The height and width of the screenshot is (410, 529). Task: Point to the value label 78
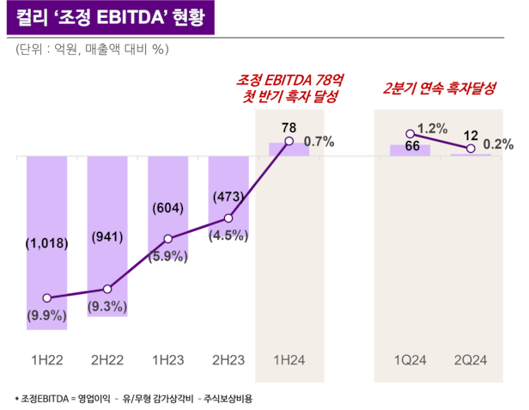tap(289, 127)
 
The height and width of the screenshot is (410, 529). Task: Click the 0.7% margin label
tap(319, 141)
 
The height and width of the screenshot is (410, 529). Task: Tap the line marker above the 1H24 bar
tap(289, 141)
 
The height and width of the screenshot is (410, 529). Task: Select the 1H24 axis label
tap(289, 359)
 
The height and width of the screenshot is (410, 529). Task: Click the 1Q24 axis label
tap(410, 359)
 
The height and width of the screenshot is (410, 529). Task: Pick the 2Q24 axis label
tap(471, 359)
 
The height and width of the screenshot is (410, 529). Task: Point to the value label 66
tap(412, 146)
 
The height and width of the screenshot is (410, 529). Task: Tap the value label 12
tap(471, 135)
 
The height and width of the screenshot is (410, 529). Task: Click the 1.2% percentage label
tap(432, 128)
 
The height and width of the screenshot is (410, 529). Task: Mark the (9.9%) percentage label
tap(47, 315)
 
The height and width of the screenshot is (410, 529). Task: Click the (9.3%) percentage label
tap(107, 305)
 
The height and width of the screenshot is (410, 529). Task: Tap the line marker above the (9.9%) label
tap(47, 298)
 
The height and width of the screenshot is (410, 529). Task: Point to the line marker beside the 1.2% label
tap(410, 134)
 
